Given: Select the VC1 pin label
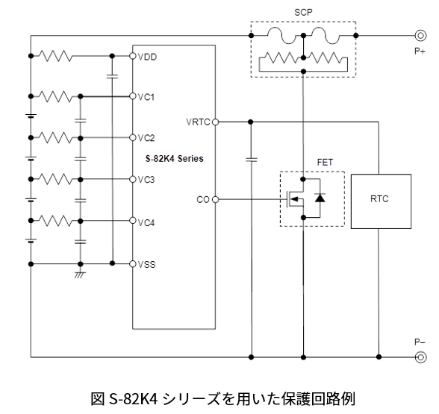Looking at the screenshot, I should tap(146, 96).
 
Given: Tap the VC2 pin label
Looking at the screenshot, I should tap(146, 138).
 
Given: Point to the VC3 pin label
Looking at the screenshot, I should tap(146, 179).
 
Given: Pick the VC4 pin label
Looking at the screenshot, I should tap(146, 221).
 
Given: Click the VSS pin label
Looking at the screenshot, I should tap(146, 263).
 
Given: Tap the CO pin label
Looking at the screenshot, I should tap(202, 200).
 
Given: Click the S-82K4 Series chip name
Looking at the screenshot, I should tap(174, 159).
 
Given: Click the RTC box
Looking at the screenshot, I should tap(380, 200).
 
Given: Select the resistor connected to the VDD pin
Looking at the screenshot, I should tap(56, 56).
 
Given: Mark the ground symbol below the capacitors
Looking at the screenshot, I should tap(80, 275).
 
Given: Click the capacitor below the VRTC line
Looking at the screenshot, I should tap(252, 159).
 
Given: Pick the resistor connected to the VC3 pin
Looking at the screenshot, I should tap(56, 179).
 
